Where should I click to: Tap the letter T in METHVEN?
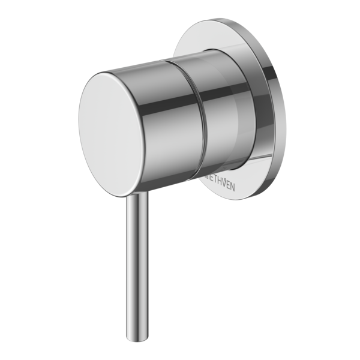click(212, 182)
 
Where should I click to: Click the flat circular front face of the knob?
click(112, 134)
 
